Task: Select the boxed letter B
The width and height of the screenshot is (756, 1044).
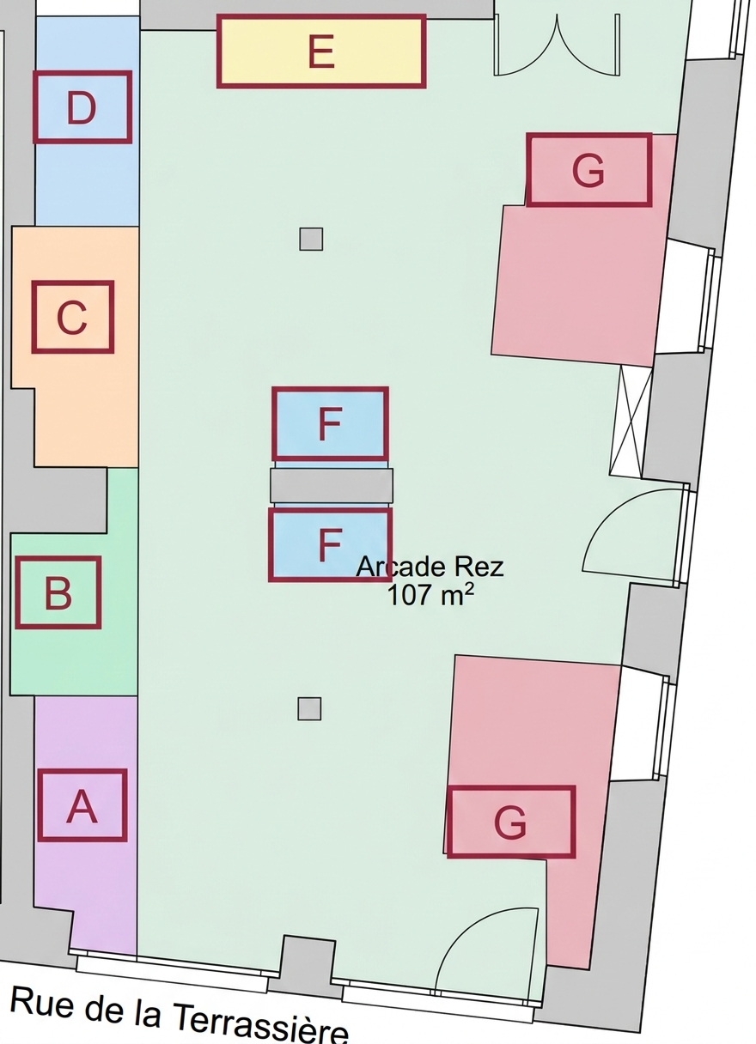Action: coord(58,592)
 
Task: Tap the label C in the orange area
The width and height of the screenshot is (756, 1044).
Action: coord(73,317)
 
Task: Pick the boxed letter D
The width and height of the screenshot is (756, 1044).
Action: coord(82,107)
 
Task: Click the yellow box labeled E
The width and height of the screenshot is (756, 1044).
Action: coord(321,51)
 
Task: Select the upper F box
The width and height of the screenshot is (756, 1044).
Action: coord(330,423)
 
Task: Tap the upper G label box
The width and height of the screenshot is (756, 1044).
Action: coord(589,170)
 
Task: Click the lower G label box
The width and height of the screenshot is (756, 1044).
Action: coord(510,822)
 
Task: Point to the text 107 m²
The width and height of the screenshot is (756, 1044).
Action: coord(430,595)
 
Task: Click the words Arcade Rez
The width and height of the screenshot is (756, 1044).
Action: coord(430,568)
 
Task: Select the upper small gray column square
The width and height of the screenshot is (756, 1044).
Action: coord(311,239)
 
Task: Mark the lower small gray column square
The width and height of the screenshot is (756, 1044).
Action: coord(309,709)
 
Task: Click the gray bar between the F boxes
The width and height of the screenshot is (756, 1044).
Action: coord(332,486)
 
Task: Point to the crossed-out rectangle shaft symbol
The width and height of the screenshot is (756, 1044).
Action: coord(631,421)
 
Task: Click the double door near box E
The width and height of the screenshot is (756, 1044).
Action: coord(558,45)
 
